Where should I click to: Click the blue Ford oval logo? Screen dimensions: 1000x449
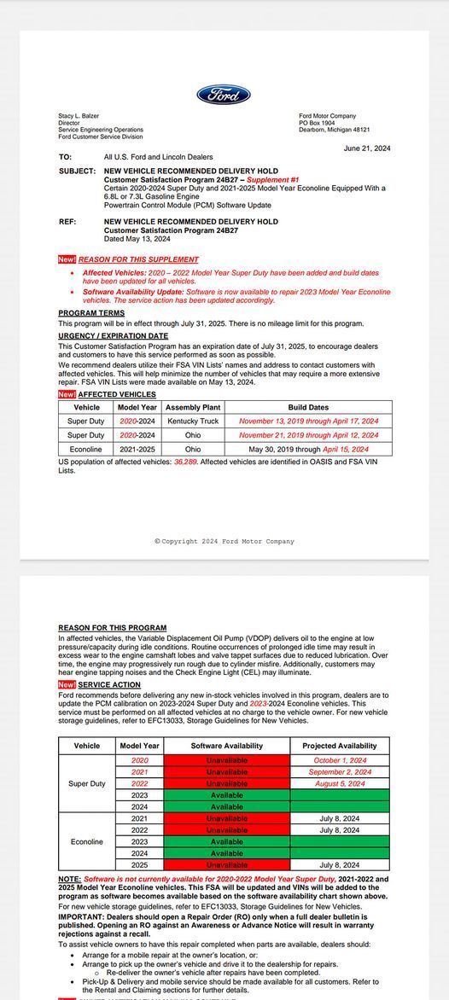pos(224,95)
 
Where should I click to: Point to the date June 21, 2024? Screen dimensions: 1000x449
pos(367,148)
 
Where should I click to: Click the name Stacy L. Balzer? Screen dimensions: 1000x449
pos(79,116)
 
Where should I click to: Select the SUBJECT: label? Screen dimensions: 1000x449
pos(77,171)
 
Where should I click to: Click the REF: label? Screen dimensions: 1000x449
pos(67,222)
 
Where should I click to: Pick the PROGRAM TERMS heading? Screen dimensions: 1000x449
pos(91,313)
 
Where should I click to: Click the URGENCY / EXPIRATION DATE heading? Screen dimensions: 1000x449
pos(113,336)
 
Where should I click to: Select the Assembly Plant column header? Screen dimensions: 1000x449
pos(193,408)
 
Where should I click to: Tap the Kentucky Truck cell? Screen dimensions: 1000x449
pos(193,421)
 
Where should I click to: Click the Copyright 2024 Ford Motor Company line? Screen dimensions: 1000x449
pos(224,541)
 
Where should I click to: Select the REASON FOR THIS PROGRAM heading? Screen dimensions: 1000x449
pos(113,628)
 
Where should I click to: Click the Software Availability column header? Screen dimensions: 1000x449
pos(226,746)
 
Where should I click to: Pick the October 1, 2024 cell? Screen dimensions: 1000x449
pos(340,759)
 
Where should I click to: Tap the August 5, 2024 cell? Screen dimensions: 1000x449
pos(340,783)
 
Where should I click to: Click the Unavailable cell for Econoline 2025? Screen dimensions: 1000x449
pos(226,865)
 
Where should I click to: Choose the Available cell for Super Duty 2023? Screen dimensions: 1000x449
pos(226,795)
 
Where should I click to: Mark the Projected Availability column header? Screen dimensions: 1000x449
pos(340,746)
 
